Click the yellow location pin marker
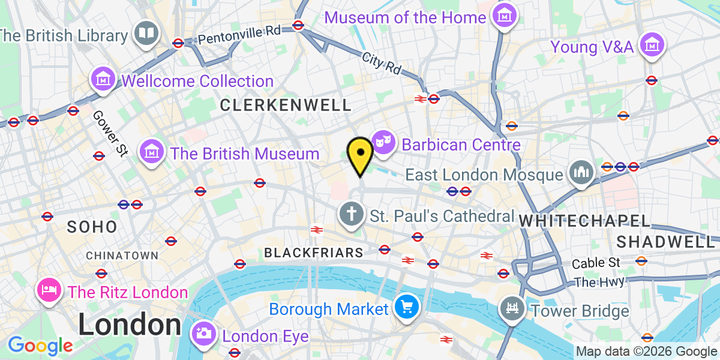(360, 153)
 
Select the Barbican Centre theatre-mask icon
(383, 142)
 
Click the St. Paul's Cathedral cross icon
(350, 214)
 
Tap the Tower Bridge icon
(512, 309)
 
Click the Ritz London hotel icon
(49, 290)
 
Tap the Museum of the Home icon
(504, 14)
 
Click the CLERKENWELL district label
(286, 106)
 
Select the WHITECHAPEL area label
(585, 221)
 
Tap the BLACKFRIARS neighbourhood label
(314, 253)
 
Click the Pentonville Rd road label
(239, 34)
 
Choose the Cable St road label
(596, 263)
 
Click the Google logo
(40, 346)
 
